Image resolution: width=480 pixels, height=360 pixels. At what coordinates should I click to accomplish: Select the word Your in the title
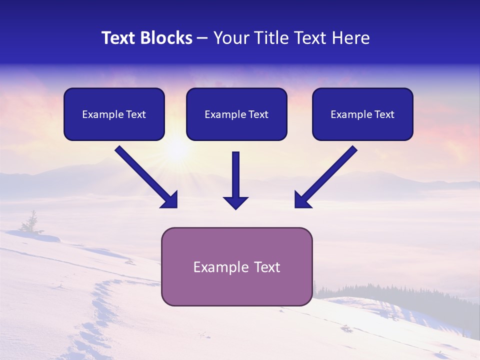[230, 38]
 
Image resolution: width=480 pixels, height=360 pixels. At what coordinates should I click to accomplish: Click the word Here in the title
[350, 38]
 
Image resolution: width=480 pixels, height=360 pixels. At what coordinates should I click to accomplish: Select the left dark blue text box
[114, 114]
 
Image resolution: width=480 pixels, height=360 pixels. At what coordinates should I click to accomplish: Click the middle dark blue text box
[236, 114]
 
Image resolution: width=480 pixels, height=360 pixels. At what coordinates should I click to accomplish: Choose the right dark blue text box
[362, 114]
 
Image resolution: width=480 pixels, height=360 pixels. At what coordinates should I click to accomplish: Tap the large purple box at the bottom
[236, 266]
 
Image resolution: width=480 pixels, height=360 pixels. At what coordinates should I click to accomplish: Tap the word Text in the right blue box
[384, 114]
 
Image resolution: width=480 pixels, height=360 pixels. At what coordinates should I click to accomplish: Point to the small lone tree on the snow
[31, 222]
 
